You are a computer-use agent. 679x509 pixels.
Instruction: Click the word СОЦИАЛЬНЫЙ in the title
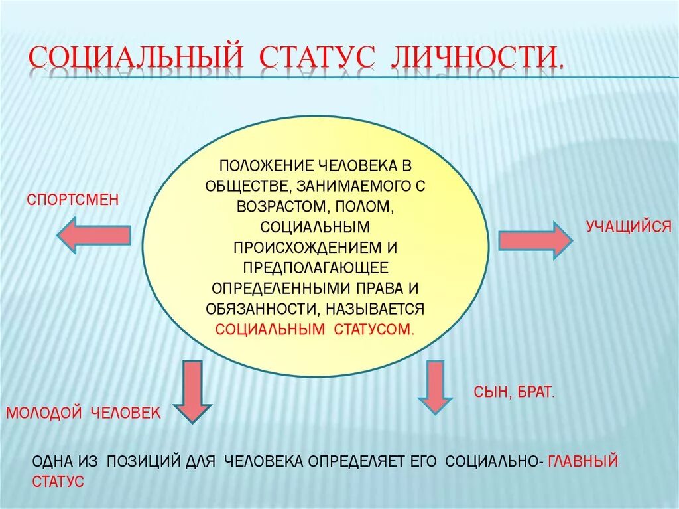tap(135, 58)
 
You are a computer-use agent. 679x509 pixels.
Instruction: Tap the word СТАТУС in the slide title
tap(318, 58)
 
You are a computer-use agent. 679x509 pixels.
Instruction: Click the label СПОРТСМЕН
tap(73, 198)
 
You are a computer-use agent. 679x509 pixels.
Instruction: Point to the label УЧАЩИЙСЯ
tap(629, 227)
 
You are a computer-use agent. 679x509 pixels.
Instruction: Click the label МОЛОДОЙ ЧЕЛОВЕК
tap(84, 413)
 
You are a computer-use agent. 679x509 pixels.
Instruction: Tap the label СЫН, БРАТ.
tap(514, 392)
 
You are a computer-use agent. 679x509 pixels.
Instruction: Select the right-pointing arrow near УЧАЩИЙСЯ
tap(534, 240)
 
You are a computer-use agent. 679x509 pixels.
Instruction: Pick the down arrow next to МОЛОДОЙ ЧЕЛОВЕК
tap(192, 391)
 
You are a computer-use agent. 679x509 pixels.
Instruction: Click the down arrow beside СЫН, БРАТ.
tap(435, 388)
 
